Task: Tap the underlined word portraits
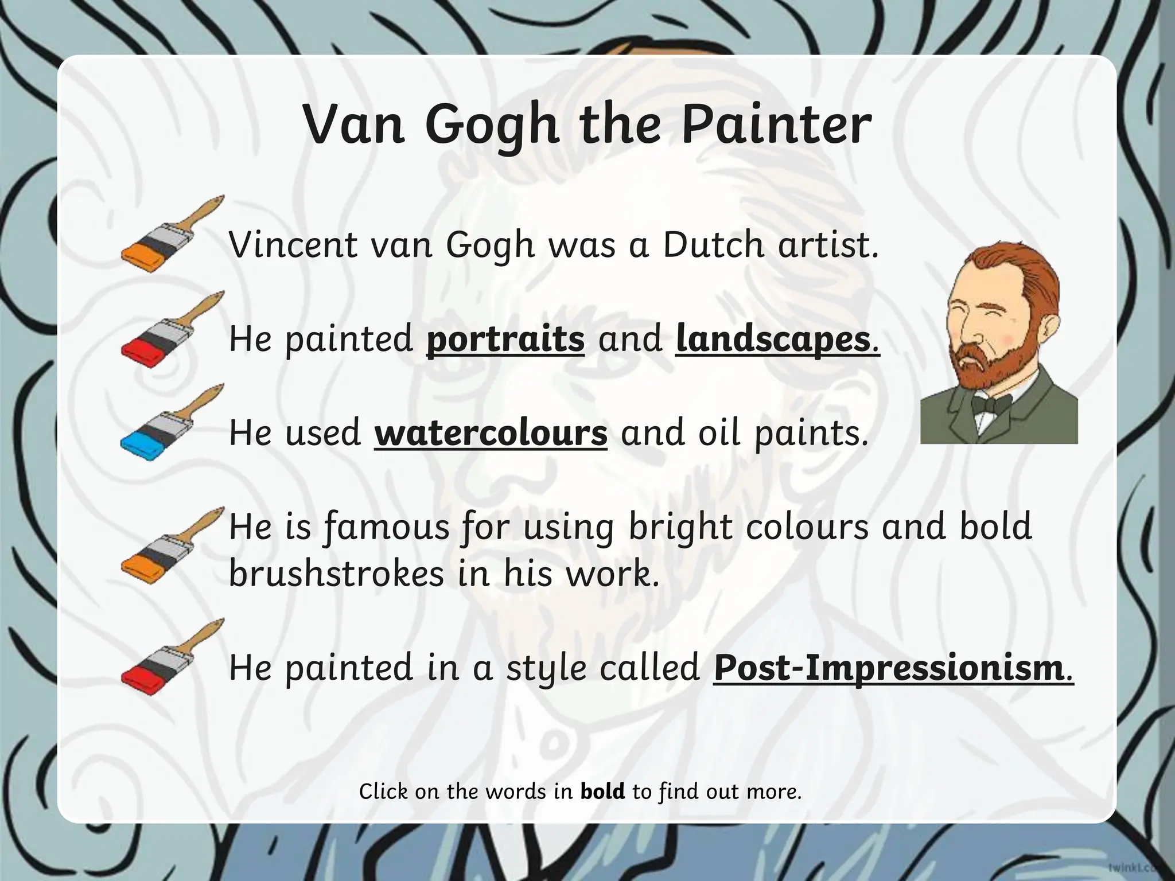pos(505,339)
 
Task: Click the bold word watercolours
pos(491,432)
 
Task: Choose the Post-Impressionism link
pos(889,668)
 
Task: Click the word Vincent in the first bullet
pos(293,245)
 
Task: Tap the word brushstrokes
pos(336,573)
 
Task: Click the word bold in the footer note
pos(602,792)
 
